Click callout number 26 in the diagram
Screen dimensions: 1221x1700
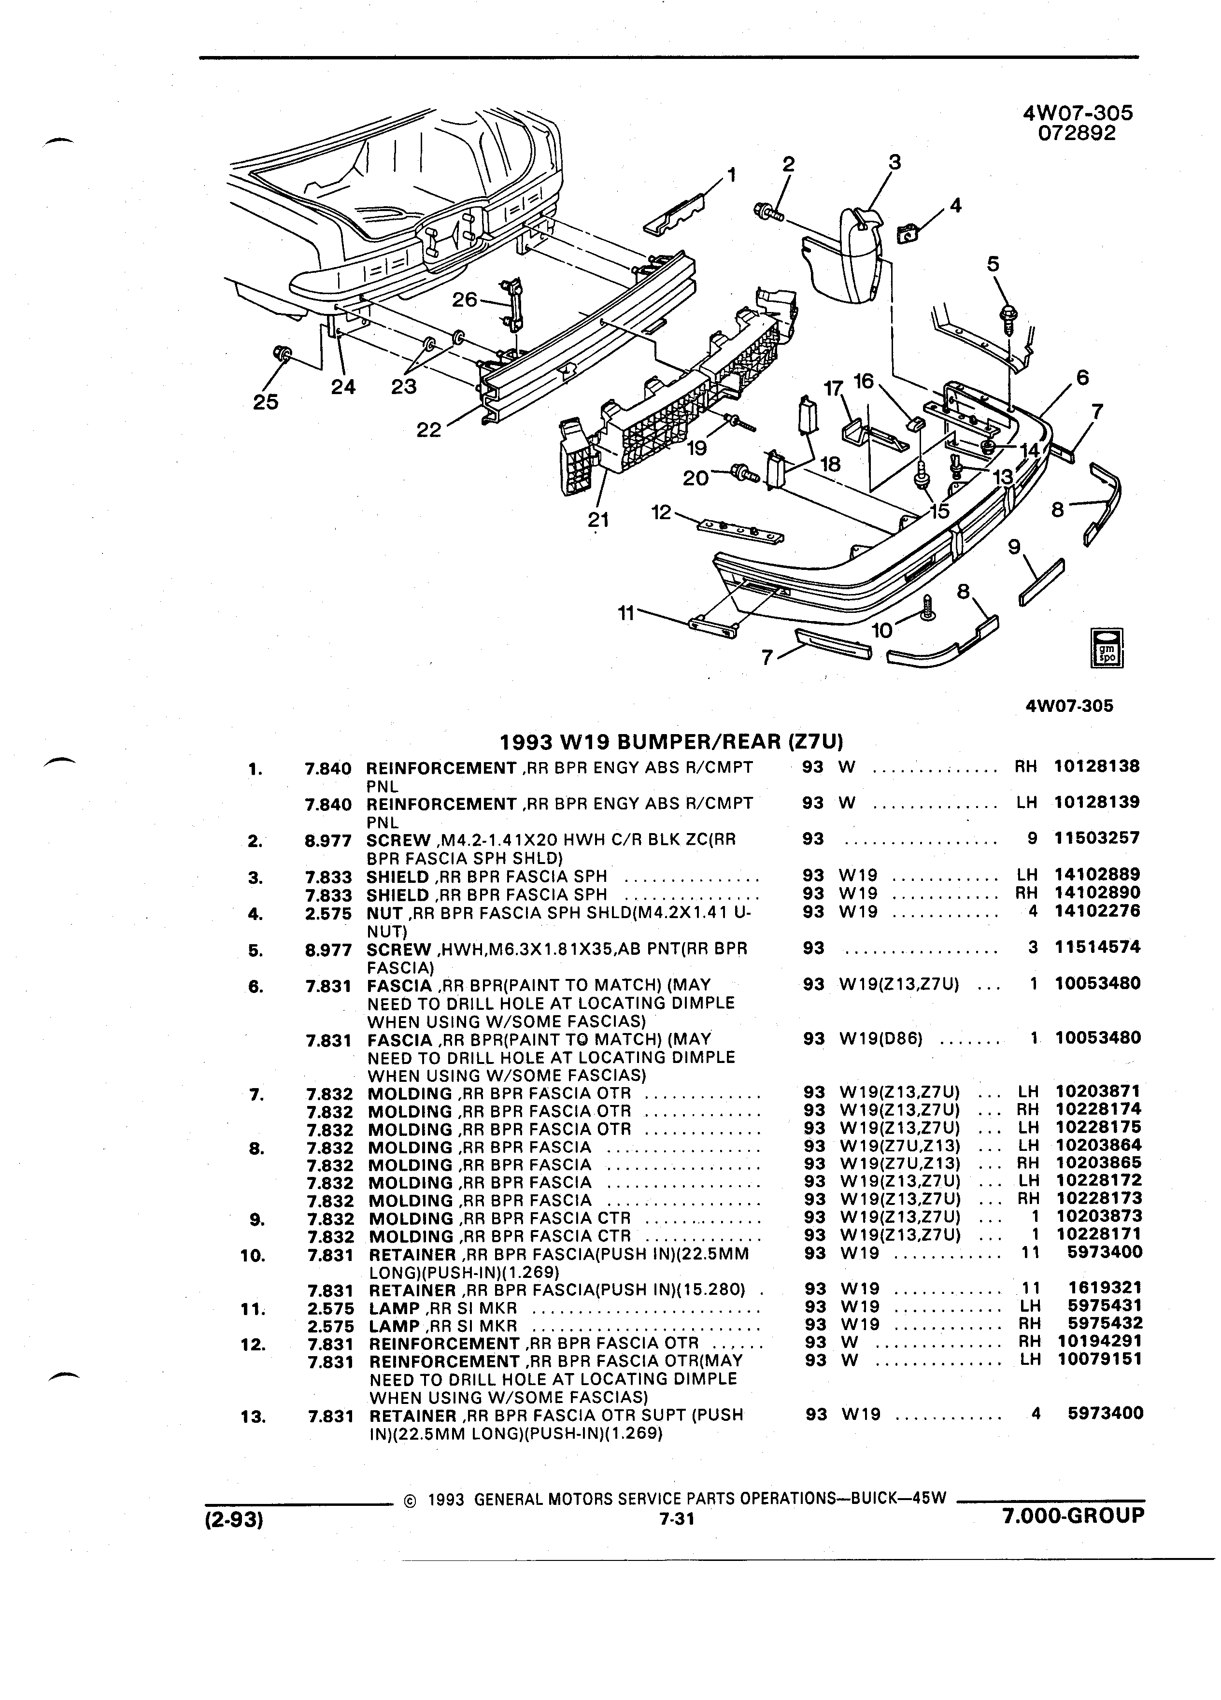[465, 300]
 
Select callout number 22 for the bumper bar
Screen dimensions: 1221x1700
[429, 431]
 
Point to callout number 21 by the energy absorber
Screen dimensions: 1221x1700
[598, 520]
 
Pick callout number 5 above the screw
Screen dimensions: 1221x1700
[993, 264]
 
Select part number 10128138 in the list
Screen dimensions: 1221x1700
[1096, 766]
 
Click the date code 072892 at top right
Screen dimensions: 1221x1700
[1077, 133]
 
